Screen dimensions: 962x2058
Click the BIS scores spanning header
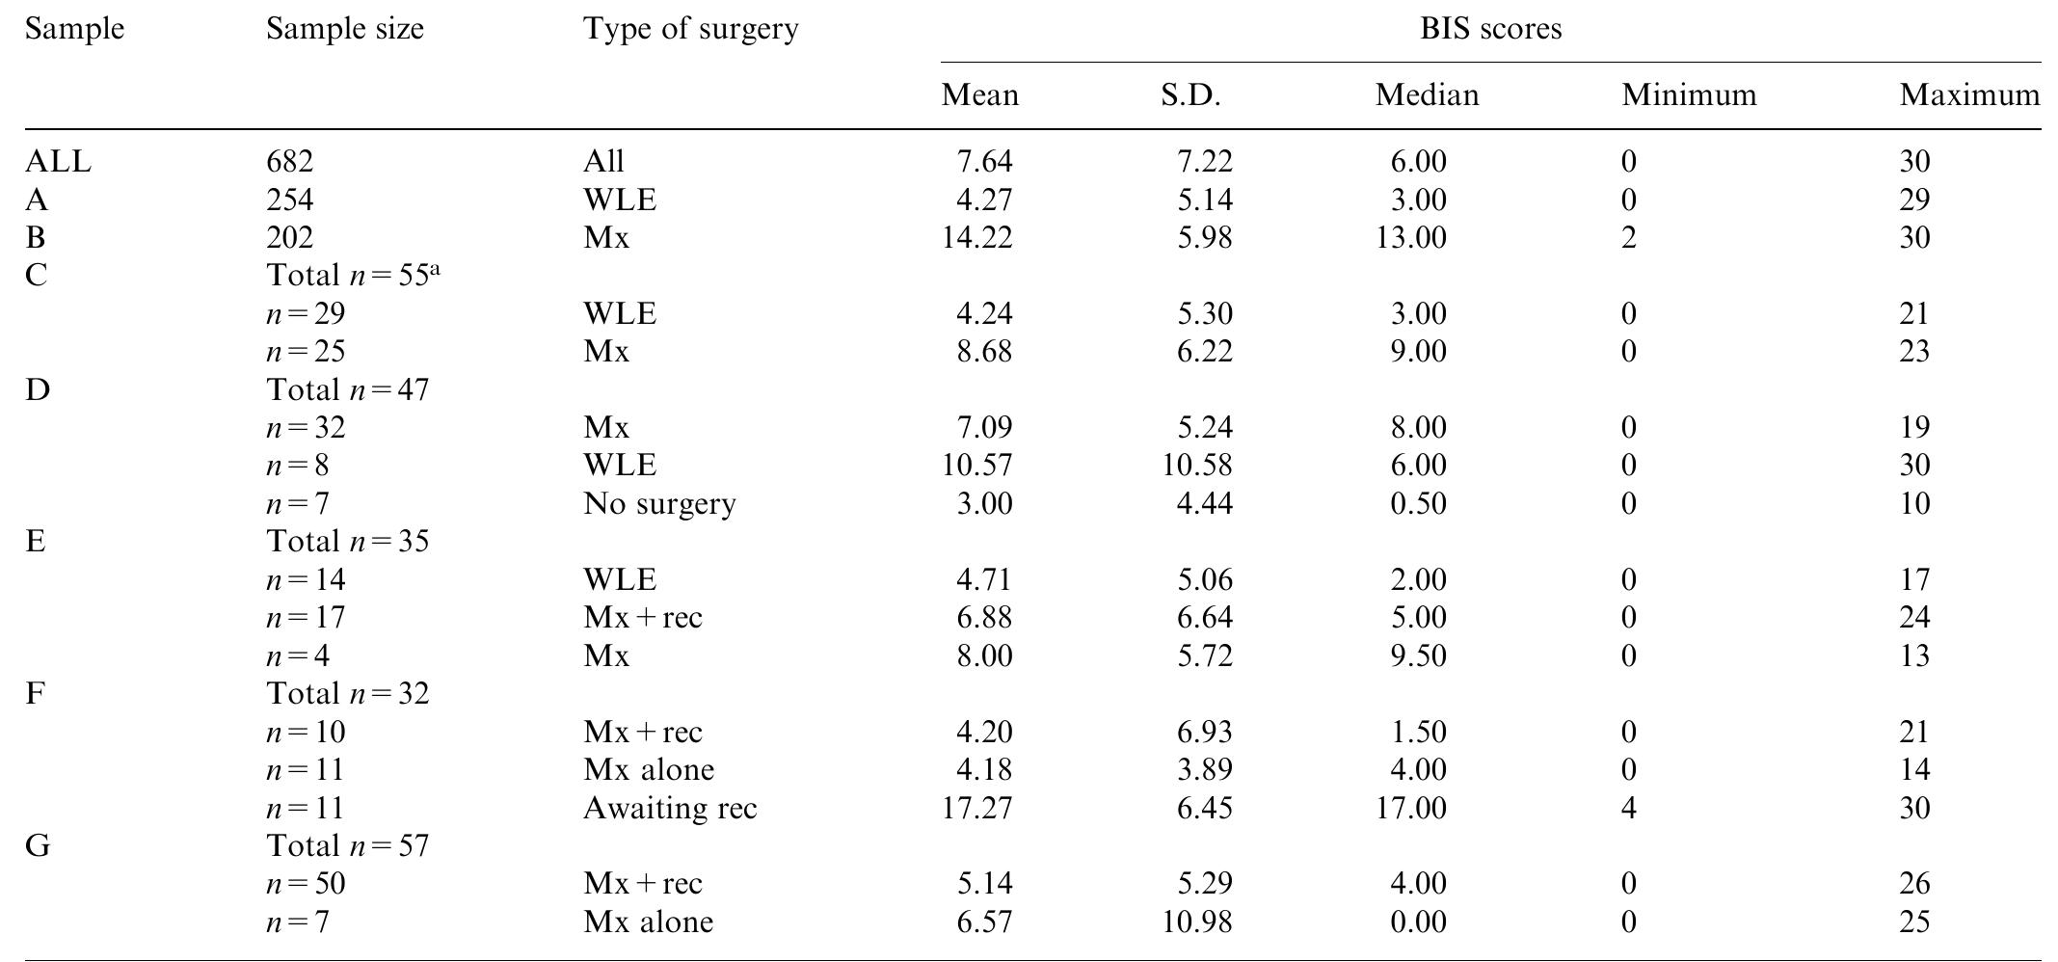(x=1490, y=29)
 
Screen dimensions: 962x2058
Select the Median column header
(x=1427, y=94)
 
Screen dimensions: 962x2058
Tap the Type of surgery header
(x=690, y=29)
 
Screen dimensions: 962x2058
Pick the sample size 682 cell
(x=290, y=161)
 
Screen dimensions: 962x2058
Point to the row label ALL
(x=58, y=161)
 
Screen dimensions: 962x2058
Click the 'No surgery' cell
(x=659, y=503)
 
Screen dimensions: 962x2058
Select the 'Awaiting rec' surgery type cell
(x=670, y=808)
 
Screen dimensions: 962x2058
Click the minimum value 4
(x=1628, y=808)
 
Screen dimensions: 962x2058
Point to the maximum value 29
(x=1914, y=200)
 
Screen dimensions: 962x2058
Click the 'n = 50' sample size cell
(x=306, y=884)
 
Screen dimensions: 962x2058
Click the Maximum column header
(x=1969, y=94)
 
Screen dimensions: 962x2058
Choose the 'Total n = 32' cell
(x=347, y=694)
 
